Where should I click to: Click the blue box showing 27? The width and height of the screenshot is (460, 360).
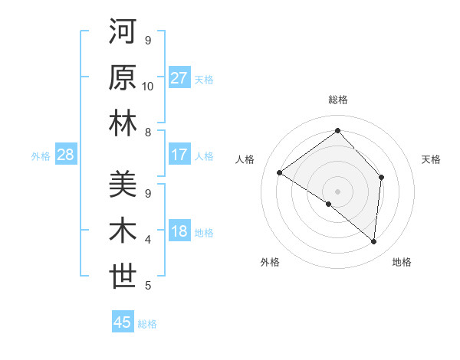[179, 78]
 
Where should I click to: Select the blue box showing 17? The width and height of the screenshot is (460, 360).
[179, 155]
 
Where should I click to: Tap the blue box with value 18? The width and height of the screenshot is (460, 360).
[179, 232]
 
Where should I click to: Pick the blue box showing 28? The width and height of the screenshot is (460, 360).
[66, 155]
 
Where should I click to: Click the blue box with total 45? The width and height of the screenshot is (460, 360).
[123, 322]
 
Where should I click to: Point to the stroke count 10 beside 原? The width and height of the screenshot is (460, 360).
[148, 86]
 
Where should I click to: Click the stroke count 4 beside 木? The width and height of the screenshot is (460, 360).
[148, 239]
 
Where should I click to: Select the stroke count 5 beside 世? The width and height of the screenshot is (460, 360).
[148, 286]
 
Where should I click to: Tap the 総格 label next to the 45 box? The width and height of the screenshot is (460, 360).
[148, 324]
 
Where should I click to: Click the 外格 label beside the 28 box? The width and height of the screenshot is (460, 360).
[41, 156]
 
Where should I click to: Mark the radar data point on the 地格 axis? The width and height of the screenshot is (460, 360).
[374, 242]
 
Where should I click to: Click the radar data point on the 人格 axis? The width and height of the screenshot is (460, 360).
[280, 173]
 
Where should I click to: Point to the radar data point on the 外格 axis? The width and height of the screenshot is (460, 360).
[329, 205]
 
